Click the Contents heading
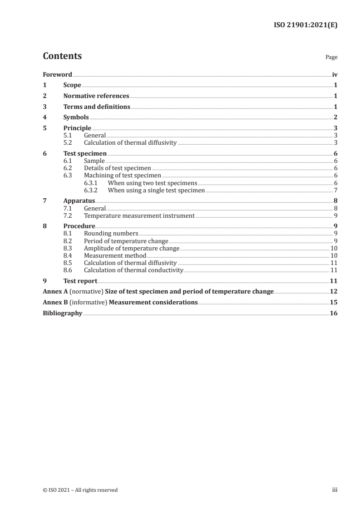click(x=62, y=56)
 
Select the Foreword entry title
click(x=57, y=74)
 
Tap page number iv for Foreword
click(x=335, y=74)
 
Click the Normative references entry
click(x=96, y=96)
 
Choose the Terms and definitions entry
click(x=97, y=107)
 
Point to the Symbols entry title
click(x=76, y=117)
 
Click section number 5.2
click(x=67, y=142)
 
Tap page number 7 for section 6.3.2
click(x=335, y=190)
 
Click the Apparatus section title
click(x=79, y=201)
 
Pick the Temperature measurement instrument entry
click(x=139, y=215)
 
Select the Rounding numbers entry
click(x=111, y=234)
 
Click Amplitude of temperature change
click(x=132, y=248)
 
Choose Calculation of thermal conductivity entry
click(x=133, y=270)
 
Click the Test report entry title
click(x=80, y=281)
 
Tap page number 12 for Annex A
click(x=334, y=291)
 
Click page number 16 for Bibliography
click(x=334, y=313)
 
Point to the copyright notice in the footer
click(x=80, y=489)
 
